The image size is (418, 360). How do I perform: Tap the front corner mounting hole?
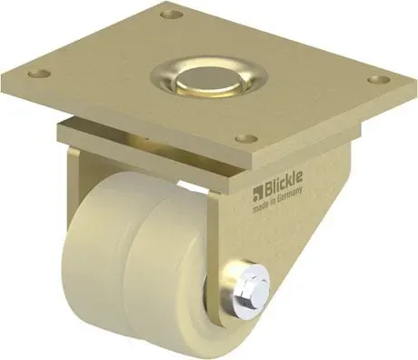coord(243,139)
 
